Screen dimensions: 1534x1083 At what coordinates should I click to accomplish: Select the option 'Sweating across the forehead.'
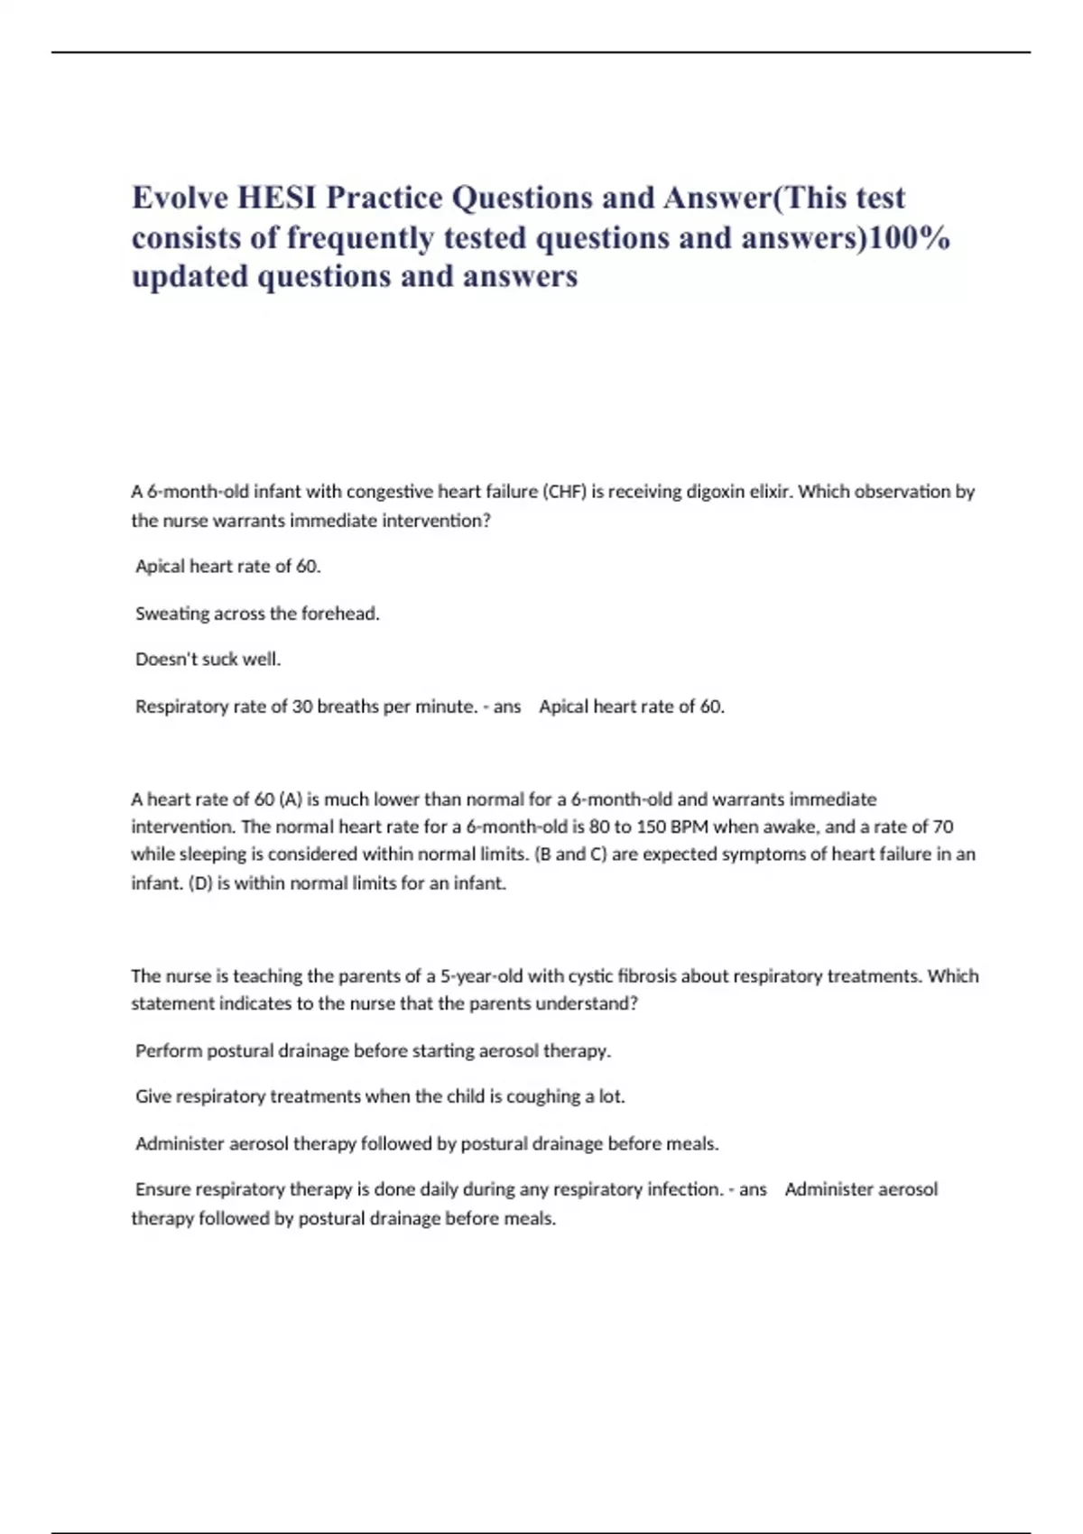click(257, 614)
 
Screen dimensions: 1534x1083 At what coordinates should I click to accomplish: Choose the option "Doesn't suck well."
click(208, 660)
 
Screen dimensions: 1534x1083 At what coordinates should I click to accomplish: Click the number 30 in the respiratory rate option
click(301, 707)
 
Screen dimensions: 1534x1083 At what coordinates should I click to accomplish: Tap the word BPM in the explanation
click(690, 827)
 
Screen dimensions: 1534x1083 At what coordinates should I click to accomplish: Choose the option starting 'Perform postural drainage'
click(373, 1050)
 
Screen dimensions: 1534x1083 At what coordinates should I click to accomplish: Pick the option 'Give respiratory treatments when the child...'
click(380, 1096)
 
